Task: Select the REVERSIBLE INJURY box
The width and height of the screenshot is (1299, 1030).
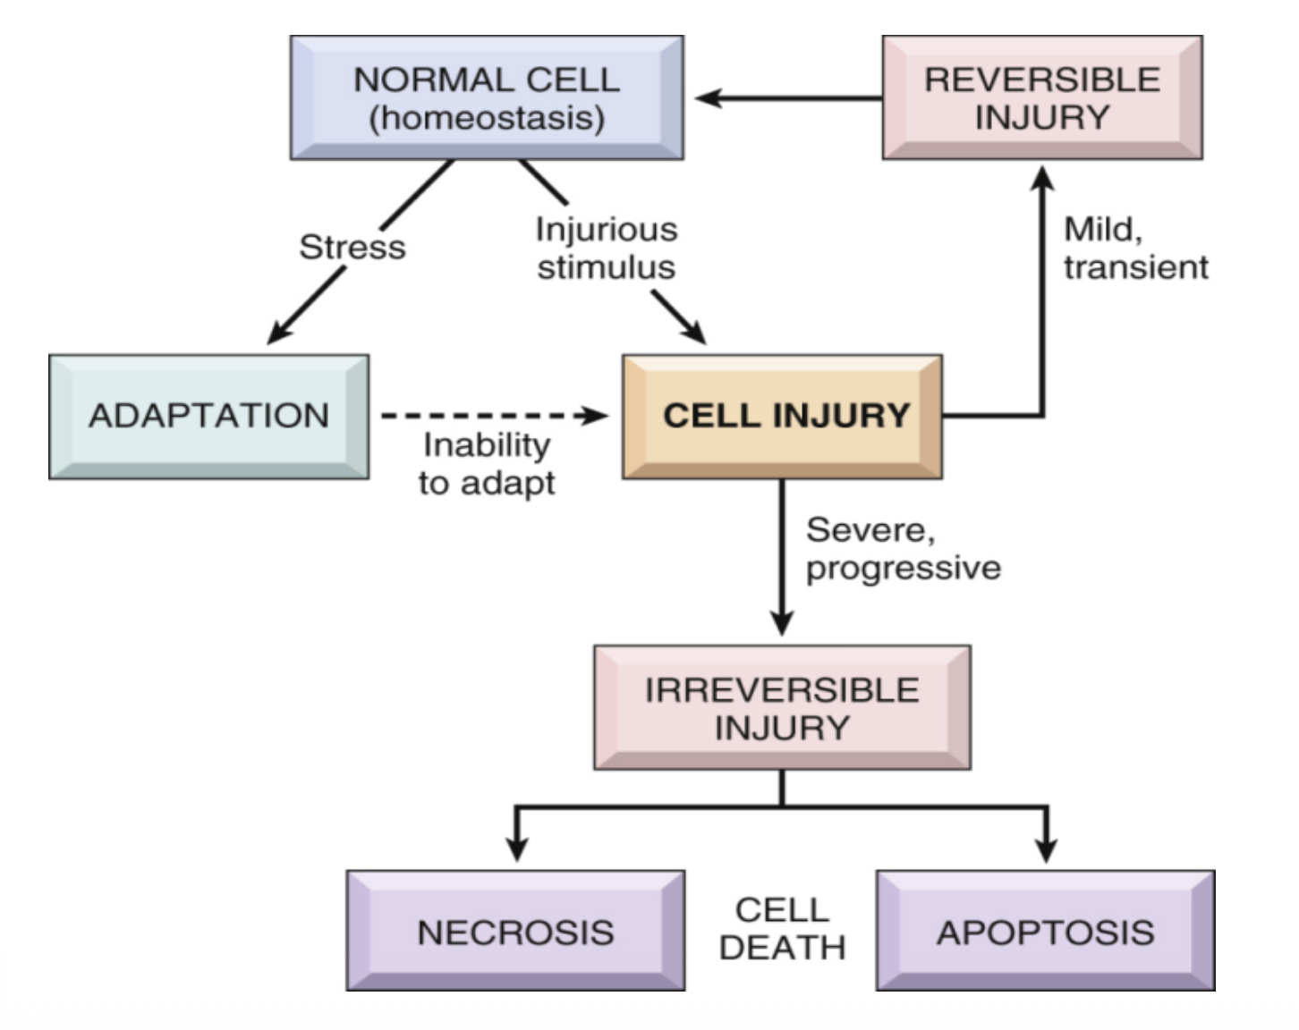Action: click(x=1041, y=97)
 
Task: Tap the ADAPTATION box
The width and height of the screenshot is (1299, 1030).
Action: click(x=208, y=416)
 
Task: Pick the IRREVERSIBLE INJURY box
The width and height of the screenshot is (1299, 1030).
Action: click(x=782, y=708)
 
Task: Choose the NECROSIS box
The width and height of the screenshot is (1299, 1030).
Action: click(x=515, y=932)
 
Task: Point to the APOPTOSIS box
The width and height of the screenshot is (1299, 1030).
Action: click(x=1045, y=932)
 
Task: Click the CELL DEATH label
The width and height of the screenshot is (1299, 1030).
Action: click(x=782, y=929)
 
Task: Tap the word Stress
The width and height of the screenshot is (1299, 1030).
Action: click(x=352, y=247)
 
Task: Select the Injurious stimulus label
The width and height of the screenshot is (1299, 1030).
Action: click(x=607, y=249)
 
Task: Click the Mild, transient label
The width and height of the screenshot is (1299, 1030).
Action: click(x=1134, y=249)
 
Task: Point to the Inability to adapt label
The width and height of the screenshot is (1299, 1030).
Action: click(x=487, y=463)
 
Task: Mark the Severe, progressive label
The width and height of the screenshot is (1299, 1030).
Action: click(x=902, y=549)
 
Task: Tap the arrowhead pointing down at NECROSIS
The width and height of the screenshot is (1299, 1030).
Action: click(x=516, y=848)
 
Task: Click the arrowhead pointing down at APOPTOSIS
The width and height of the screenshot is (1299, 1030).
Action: click(x=1046, y=848)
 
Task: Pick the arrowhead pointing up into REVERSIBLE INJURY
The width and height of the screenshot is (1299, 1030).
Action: click(x=1042, y=178)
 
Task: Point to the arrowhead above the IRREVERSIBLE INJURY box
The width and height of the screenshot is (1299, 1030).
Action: click(x=782, y=622)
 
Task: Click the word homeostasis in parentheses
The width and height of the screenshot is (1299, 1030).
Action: click(x=487, y=118)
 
